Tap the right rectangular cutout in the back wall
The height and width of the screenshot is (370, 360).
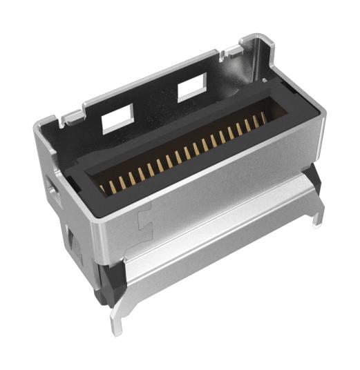191,88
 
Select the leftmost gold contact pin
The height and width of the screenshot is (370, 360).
103,187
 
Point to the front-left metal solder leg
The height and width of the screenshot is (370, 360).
116,320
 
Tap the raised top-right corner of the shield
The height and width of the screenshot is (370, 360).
256,40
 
